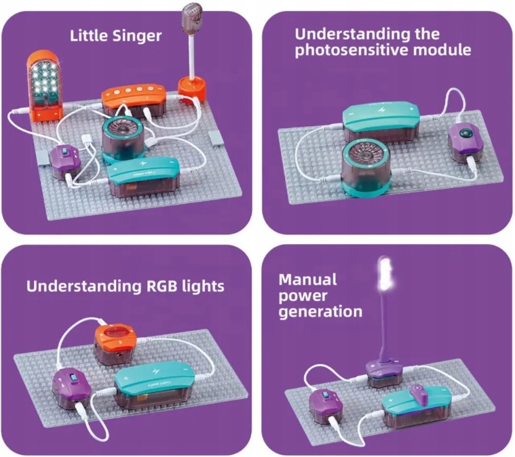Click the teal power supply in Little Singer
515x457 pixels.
coord(143,177)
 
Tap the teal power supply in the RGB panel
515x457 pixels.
coord(152,386)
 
